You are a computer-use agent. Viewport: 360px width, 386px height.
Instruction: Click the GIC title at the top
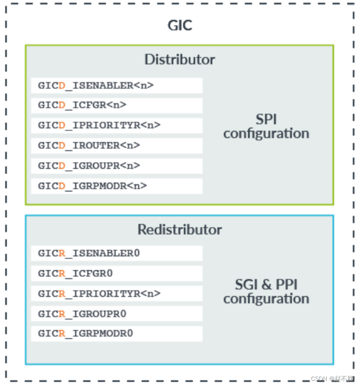coord(180,26)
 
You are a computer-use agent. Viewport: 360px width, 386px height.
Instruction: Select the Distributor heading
coord(180,59)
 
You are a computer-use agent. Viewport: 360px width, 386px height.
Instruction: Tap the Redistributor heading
coord(180,230)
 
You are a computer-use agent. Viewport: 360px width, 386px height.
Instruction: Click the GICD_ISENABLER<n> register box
coord(117,85)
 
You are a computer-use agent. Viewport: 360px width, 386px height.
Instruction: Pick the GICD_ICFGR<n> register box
coord(117,105)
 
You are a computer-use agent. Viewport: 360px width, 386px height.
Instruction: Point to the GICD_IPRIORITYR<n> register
coord(117,125)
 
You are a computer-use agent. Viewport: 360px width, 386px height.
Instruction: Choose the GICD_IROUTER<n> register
coord(117,145)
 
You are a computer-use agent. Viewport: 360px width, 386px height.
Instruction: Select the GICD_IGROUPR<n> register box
coord(117,165)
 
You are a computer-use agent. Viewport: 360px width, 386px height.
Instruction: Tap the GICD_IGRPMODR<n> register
coord(117,186)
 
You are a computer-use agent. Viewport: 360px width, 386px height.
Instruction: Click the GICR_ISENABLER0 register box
coord(117,253)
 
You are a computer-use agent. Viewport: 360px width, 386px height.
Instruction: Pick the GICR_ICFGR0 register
coord(117,273)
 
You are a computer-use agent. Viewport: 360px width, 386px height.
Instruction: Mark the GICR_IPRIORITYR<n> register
coord(117,293)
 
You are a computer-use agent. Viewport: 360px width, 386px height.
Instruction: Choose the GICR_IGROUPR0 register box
coord(117,314)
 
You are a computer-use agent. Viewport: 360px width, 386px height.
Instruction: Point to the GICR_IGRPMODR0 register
coord(117,334)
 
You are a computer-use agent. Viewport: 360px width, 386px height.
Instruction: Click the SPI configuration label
coord(266,126)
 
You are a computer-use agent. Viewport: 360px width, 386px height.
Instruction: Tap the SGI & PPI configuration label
coord(266,291)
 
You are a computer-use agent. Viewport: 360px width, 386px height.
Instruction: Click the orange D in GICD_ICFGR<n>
coord(62,105)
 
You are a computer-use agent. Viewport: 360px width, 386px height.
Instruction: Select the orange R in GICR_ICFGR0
coord(62,273)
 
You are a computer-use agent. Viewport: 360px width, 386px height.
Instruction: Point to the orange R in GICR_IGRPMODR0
coord(62,334)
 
